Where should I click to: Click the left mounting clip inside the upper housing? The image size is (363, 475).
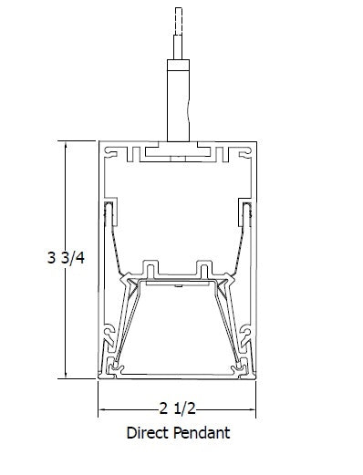point(109,214)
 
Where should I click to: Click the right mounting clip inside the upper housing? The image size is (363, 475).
point(244,214)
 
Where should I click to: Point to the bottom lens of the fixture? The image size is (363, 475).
point(177,373)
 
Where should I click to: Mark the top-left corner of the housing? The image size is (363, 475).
point(99,142)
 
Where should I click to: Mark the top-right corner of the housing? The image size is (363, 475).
point(254,142)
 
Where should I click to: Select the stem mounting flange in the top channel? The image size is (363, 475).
point(177,148)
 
